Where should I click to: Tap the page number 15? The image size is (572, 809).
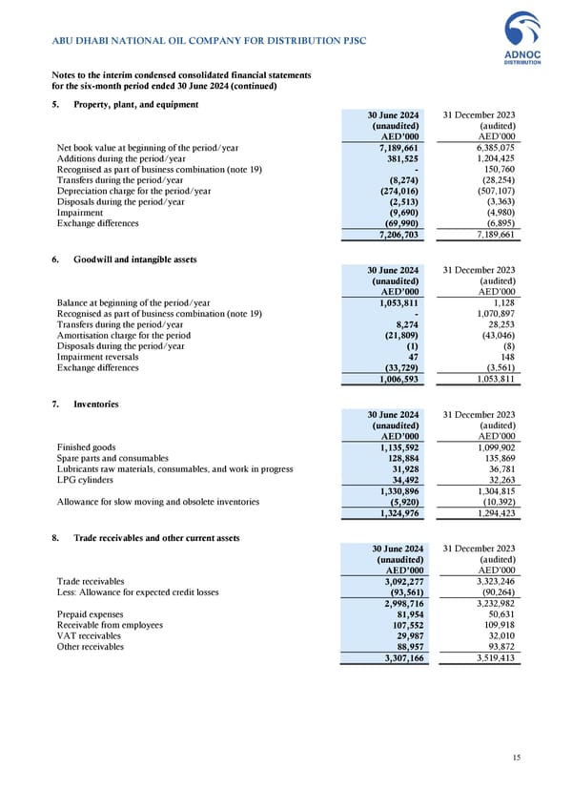tap(516, 757)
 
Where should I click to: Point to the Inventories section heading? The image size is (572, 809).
tap(96, 404)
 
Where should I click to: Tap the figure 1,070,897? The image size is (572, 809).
tap(494, 314)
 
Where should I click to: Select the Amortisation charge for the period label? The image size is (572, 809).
tap(124, 336)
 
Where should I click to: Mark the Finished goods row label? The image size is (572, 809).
tap(87, 447)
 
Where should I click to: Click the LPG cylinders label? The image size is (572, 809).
tap(87, 481)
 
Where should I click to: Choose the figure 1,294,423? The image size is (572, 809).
tap(494, 513)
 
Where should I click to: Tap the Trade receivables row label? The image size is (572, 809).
tap(91, 580)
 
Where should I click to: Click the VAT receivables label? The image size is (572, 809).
tap(89, 635)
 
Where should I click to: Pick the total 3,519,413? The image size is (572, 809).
tap(494, 657)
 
